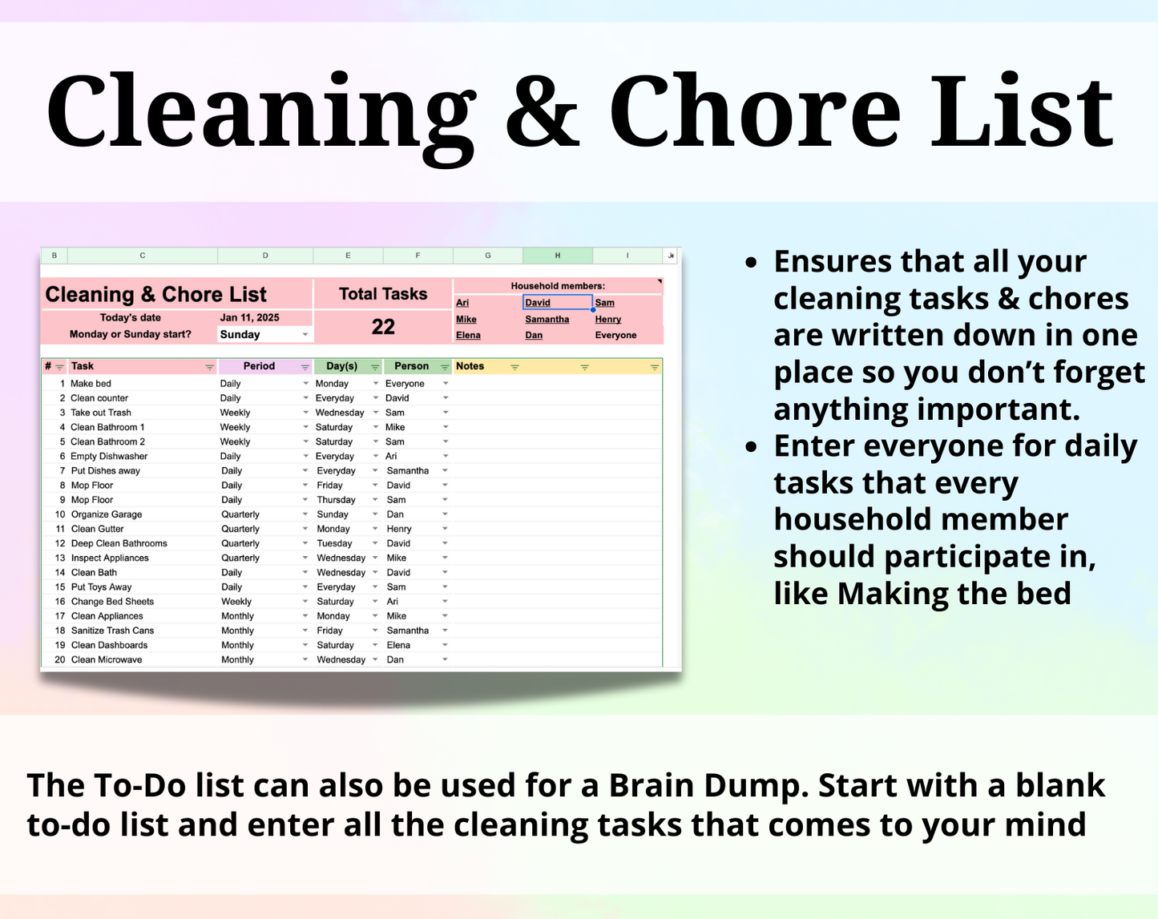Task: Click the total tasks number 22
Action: tap(383, 327)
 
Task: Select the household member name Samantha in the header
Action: tap(547, 320)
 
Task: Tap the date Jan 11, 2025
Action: tap(249, 318)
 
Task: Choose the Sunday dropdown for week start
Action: tap(264, 335)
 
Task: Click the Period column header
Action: tap(259, 366)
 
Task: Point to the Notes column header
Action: tap(470, 366)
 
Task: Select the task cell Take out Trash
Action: tap(101, 413)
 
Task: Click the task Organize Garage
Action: tap(107, 514)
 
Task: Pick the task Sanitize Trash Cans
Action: tap(112, 631)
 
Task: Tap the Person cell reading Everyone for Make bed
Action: tap(405, 384)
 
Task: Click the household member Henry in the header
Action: tap(608, 320)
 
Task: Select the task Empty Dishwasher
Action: tap(109, 457)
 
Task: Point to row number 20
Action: tap(60, 660)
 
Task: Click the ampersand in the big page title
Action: tap(543, 112)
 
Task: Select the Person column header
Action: tap(411, 366)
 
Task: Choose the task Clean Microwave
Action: tap(107, 660)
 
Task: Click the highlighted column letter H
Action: tap(558, 256)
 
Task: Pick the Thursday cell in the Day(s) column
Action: tap(336, 500)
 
